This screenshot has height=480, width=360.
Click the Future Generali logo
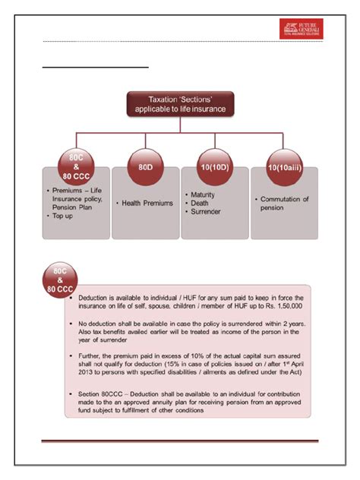click(x=302, y=28)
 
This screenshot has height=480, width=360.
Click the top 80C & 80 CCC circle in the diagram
click(x=75, y=165)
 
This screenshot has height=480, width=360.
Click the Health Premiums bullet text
click(x=145, y=204)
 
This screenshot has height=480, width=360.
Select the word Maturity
click(x=204, y=194)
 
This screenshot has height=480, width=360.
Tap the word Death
click(x=200, y=203)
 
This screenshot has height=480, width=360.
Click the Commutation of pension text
click(x=283, y=203)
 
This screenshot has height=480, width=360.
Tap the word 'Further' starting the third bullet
click(x=91, y=355)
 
